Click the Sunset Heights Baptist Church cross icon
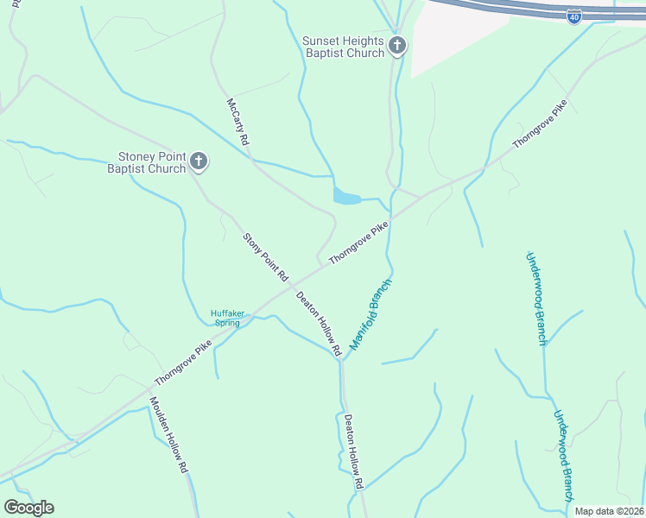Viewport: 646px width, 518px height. tap(397, 46)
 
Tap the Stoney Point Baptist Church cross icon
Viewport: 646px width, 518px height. tap(199, 161)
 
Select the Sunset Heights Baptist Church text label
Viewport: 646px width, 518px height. tap(344, 47)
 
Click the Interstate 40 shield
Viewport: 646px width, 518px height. tap(574, 17)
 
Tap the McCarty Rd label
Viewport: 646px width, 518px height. tap(237, 121)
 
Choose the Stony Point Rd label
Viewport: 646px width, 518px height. tap(264, 257)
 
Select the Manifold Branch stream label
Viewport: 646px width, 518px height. tap(370, 313)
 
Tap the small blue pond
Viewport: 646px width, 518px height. tap(345, 198)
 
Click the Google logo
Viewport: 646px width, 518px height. tap(28, 508)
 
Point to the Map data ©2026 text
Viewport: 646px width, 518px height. tap(609, 511)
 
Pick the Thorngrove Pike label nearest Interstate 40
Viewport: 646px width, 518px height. tap(540, 125)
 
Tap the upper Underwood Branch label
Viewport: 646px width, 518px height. tap(536, 298)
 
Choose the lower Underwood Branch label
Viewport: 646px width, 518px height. tap(563, 455)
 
